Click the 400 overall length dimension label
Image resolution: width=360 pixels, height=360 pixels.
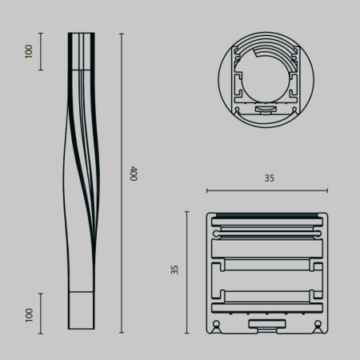click(134, 174)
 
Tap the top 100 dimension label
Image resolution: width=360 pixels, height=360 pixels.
click(30, 51)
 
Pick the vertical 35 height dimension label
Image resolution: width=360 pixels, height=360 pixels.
click(175, 270)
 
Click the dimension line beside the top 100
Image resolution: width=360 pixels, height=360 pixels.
click(42, 51)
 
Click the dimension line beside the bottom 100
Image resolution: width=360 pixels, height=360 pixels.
click(42, 313)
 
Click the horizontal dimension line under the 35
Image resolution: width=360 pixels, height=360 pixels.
click(267, 190)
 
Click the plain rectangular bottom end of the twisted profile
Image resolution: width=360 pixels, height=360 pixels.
click(81, 312)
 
